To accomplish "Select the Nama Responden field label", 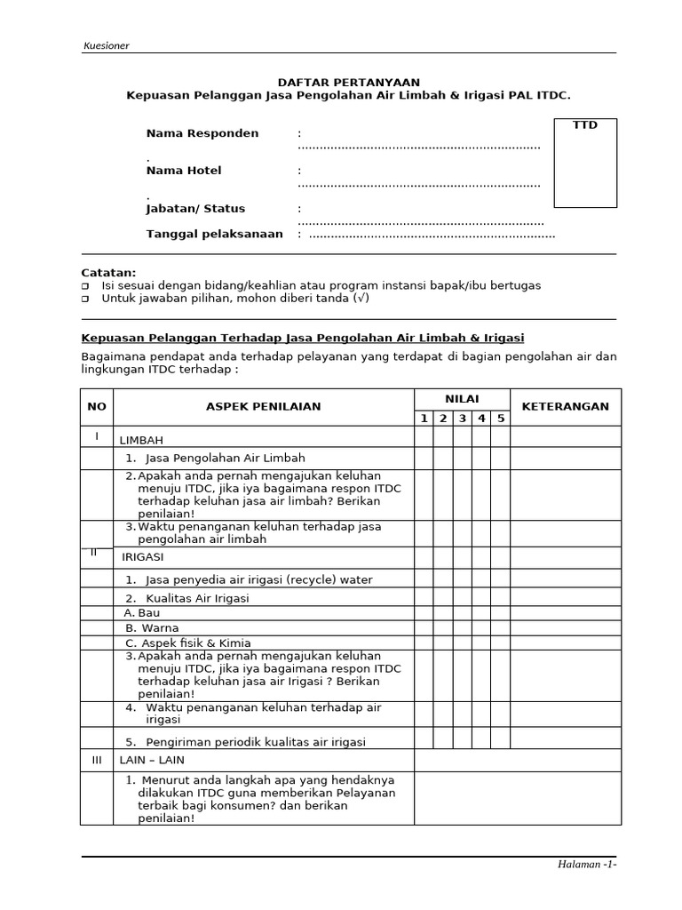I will pos(202,133).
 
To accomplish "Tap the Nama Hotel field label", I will pos(184,170).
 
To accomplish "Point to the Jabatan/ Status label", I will pos(195,209).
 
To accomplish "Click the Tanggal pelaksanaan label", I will pos(214,234).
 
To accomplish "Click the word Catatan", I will pos(108,272).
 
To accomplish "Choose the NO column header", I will pos(97,406).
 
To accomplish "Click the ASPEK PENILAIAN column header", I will pos(264,406).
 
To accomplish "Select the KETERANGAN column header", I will pos(565,406).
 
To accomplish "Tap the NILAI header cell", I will pos(462,399).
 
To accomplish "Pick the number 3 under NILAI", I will pos(463,418).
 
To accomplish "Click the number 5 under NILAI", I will pos(501,418).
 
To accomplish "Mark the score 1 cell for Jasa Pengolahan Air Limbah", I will pos(424,458).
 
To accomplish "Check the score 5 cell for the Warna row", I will pos(501,627).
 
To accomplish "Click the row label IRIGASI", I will pos(143,557).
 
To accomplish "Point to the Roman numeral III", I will pos(97,761).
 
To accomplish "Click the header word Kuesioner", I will pos(106,45).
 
